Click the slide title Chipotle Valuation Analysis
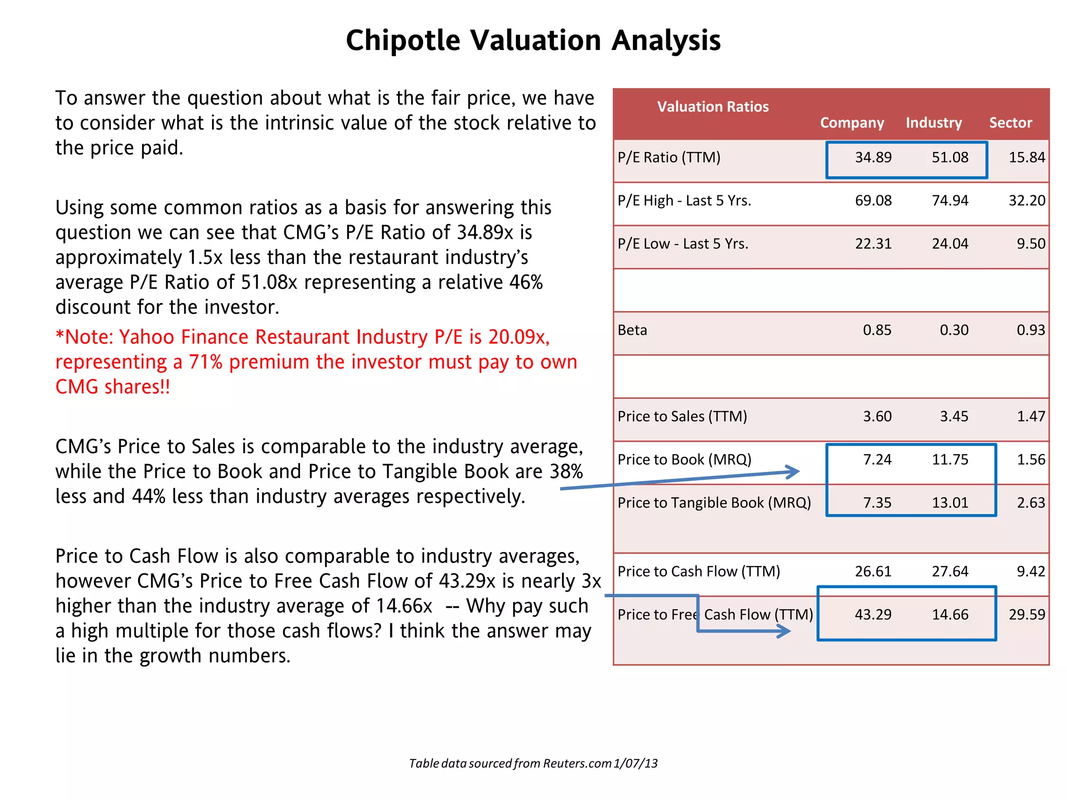click(x=533, y=40)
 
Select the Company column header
click(x=852, y=123)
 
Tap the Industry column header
click(x=934, y=123)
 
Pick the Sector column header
click(x=1010, y=123)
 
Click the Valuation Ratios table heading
click(x=713, y=107)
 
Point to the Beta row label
click(x=632, y=330)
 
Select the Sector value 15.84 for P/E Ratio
click(x=1026, y=157)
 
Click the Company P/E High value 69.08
click(x=873, y=201)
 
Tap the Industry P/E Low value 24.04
click(x=950, y=244)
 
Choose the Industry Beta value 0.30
click(x=954, y=330)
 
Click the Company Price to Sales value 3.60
click(x=877, y=417)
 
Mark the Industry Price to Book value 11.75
click(x=950, y=460)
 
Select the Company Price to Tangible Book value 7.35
click(x=877, y=503)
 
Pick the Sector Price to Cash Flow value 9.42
click(x=1031, y=571)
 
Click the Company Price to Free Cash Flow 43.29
click(x=873, y=615)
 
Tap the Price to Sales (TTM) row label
click(x=682, y=417)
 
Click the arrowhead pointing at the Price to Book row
click(x=793, y=472)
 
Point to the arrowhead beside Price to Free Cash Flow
click(x=785, y=631)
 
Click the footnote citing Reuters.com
click(x=533, y=764)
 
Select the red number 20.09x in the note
click(x=518, y=337)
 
